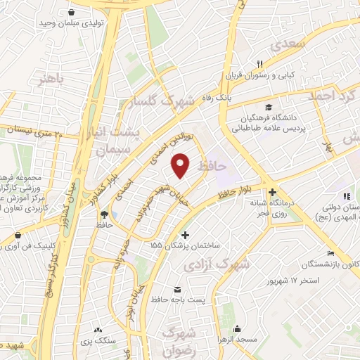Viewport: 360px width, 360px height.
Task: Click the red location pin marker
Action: [181, 165]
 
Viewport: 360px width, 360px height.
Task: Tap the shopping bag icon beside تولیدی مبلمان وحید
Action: [73, 11]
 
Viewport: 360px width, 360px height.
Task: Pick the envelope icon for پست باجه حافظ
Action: [176, 289]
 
